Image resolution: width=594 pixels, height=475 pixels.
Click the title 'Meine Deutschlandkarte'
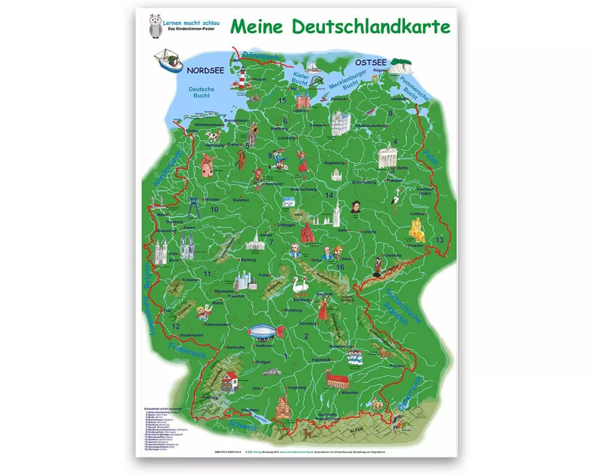pos(340,27)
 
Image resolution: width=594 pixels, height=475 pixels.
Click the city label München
pos(350,393)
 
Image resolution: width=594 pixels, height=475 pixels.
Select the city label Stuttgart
pos(262,361)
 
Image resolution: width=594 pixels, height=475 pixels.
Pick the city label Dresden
pos(416,245)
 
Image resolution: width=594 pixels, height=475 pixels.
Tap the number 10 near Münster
pos(214,210)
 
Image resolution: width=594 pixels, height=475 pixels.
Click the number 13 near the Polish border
pos(439,239)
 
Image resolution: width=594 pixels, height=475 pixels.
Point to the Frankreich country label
pos(187,351)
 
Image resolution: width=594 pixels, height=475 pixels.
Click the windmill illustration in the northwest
pos(206,165)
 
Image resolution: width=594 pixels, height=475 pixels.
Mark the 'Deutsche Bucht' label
pos(201,93)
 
